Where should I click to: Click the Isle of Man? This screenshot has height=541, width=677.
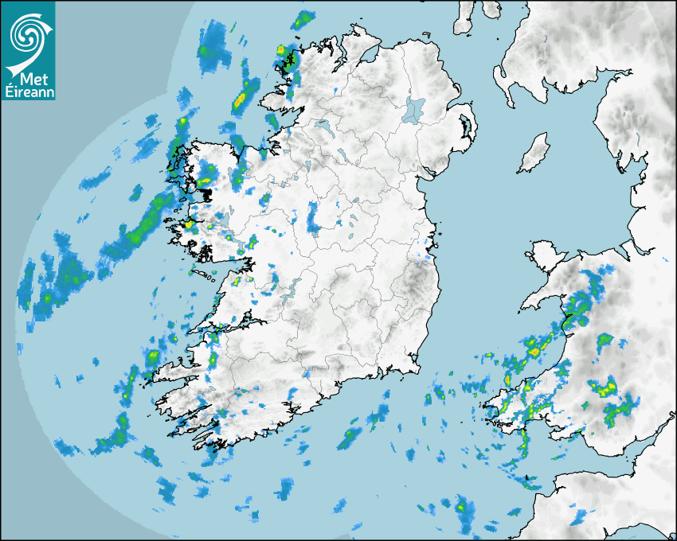point(534,154)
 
